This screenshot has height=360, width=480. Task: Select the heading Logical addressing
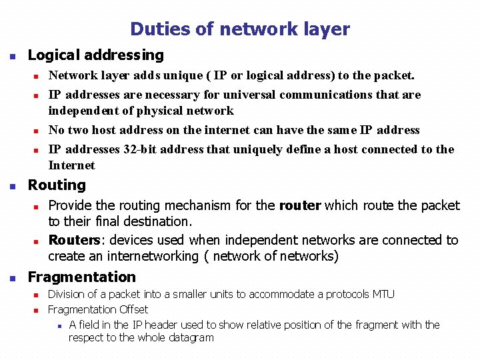pos(95,55)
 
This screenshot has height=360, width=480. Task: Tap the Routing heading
pos(57,185)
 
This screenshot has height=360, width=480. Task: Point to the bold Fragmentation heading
pos(81,277)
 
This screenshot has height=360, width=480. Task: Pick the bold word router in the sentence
pos(300,205)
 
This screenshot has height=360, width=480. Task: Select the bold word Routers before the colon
pos(73,240)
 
